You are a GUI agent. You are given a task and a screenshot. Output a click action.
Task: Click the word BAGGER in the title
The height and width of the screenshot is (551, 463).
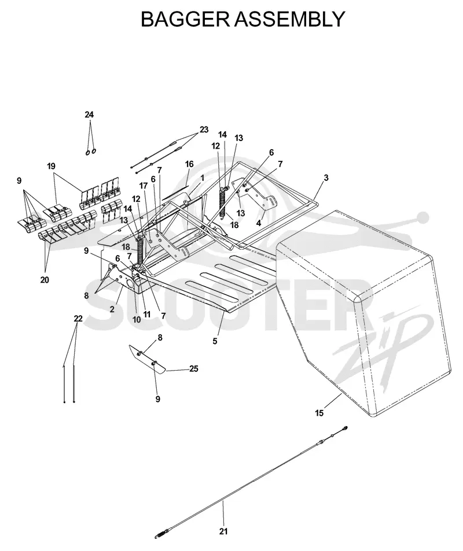[185, 19]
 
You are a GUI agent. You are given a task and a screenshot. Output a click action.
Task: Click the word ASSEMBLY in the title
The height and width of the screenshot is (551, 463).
[288, 19]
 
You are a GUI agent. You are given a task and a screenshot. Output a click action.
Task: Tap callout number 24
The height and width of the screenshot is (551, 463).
[89, 114]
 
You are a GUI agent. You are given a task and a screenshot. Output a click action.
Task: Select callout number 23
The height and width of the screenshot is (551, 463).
[204, 130]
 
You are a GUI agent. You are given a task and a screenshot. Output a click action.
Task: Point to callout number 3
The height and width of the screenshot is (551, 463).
[326, 178]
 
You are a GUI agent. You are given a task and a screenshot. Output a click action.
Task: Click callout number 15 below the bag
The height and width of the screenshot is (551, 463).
[319, 413]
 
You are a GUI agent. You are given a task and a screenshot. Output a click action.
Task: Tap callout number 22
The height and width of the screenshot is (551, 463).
[78, 319]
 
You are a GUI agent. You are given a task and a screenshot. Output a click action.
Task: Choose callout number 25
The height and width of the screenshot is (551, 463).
[194, 369]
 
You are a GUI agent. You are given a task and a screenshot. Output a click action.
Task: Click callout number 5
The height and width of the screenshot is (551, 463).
[215, 341]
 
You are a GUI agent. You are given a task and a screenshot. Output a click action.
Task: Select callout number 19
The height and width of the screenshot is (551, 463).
[52, 166]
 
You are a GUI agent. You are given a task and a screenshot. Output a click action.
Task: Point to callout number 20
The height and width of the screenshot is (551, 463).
[45, 280]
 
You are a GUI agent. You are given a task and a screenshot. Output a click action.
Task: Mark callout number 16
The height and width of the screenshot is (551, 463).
[189, 164]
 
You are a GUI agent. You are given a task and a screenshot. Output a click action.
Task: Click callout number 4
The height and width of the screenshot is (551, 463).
[259, 223]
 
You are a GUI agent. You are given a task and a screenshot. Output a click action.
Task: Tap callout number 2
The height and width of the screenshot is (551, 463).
[112, 309]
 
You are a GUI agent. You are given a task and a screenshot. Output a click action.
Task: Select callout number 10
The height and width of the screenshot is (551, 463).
[137, 319]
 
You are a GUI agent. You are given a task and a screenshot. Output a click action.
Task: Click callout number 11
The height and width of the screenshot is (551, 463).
[146, 314]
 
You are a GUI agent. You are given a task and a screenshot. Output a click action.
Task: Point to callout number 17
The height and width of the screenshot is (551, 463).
[143, 186]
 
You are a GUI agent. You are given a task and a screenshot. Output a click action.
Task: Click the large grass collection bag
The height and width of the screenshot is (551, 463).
[362, 309]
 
